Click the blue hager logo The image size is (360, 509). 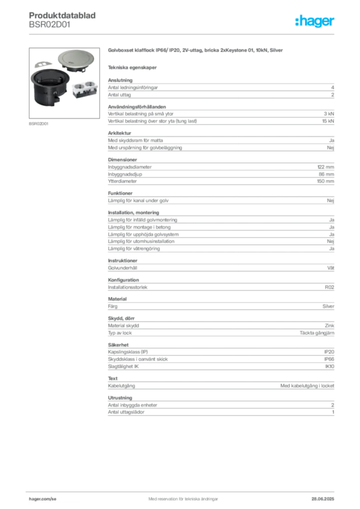pyautogui.click(x=315, y=22)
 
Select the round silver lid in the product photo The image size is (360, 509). pyautogui.click(x=74, y=60)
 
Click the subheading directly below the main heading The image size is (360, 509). pyautogui.click(x=133, y=67)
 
